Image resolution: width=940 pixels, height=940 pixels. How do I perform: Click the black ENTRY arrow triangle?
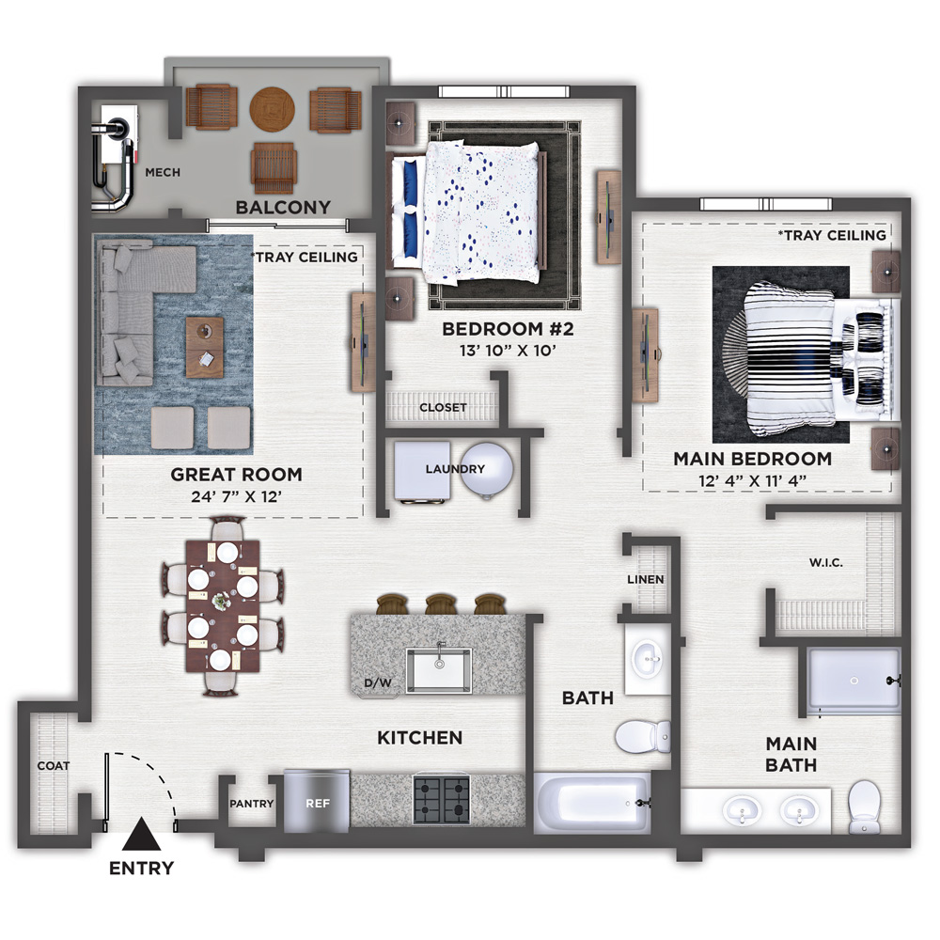tap(142, 835)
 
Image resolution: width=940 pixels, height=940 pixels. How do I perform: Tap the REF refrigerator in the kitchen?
tap(317, 802)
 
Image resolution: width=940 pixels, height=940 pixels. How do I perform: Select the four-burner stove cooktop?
tap(441, 800)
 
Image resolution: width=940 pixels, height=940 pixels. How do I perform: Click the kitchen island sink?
tap(439, 669)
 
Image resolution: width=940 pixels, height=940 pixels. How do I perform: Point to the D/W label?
tap(378, 682)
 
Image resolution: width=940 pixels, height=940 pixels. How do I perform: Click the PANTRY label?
tap(252, 804)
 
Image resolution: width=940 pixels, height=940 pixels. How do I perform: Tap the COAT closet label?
tap(54, 765)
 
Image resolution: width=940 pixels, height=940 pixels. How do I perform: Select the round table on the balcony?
tap(273, 110)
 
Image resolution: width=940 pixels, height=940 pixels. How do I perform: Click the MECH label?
tap(163, 173)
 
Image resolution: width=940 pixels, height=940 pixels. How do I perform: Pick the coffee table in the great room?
tap(204, 347)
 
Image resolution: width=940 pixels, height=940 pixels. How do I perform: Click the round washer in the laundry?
tap(486, 469)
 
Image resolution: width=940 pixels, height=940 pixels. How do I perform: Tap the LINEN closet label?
tap(646, 580)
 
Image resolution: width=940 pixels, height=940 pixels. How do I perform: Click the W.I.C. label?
tap(826, 563)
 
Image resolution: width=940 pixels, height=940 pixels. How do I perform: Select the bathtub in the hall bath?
tap(592, 803)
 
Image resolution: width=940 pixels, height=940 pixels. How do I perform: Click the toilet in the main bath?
tap(865, 807)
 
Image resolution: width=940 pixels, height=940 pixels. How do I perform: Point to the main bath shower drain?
tap(854, 681)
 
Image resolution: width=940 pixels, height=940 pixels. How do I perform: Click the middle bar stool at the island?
tap(441, 603)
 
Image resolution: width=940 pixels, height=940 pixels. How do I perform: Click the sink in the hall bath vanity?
tap(648, 659)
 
